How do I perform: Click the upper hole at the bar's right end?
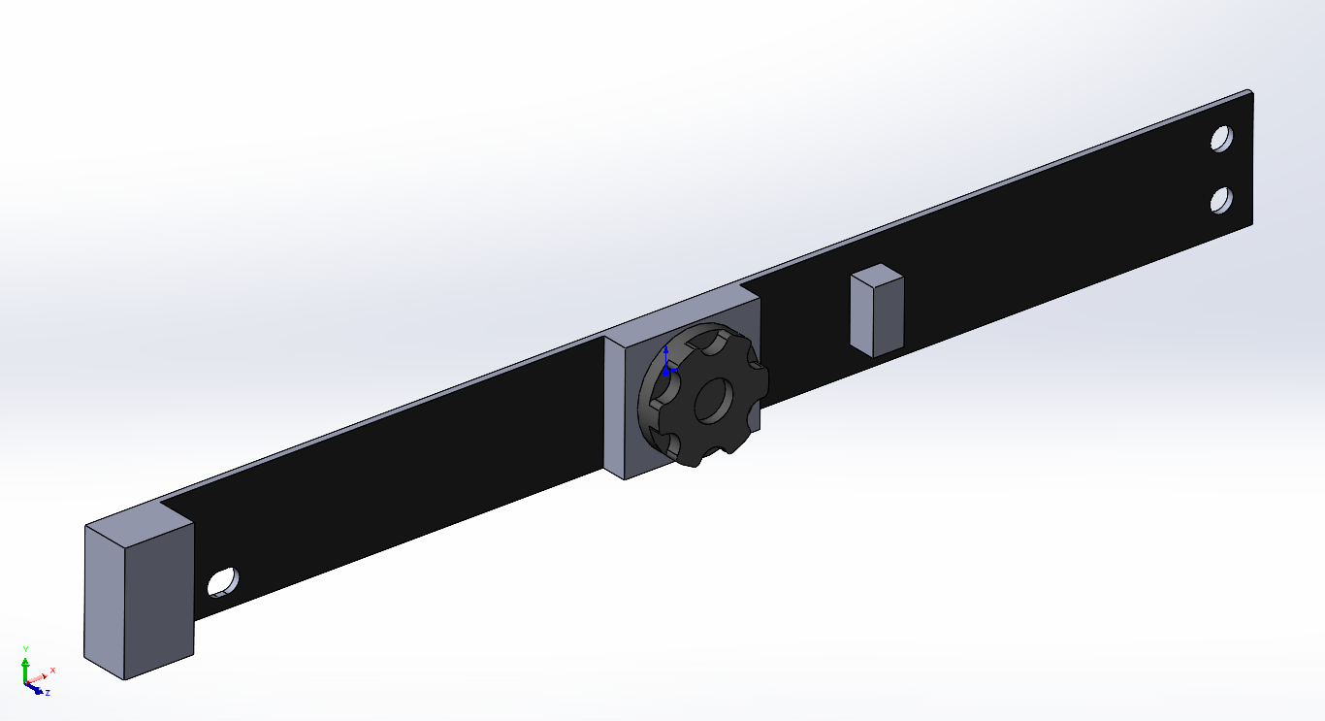(1221, 138)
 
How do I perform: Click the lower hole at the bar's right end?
(1221, 200)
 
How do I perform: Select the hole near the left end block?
(223, 581)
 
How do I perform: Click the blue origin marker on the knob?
(666, 368)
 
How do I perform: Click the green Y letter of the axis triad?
(26, 647)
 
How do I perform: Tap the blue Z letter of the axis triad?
(48, 693)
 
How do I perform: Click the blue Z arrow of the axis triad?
(36, 690)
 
